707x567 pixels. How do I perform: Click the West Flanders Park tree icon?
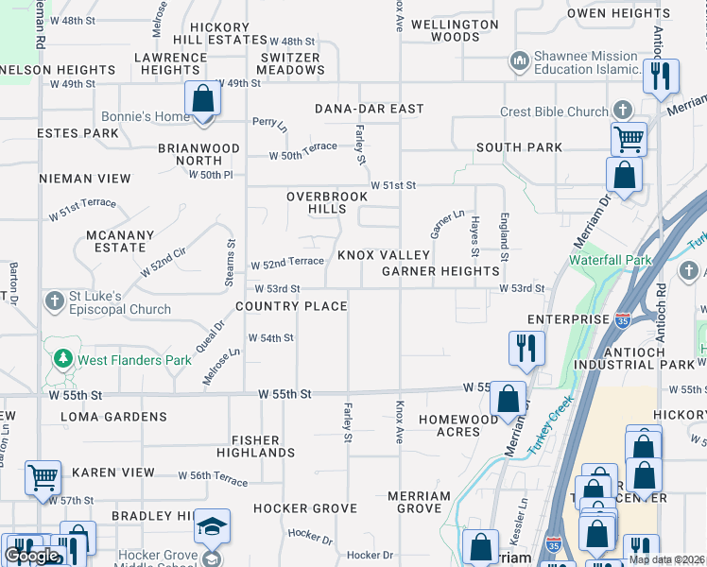63,359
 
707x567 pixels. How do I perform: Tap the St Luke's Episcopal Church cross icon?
55,301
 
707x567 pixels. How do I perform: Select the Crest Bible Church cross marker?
621,111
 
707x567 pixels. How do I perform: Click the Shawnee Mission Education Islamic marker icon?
518,62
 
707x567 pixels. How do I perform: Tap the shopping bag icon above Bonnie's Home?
202,98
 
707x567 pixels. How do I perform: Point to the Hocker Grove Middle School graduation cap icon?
212,524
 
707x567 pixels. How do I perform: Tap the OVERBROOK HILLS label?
317,202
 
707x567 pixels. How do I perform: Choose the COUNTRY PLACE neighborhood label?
290,306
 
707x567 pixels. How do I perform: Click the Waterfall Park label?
610,260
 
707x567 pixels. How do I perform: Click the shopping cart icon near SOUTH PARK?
628,139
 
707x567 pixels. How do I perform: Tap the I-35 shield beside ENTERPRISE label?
622,320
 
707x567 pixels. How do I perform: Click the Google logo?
31,556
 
